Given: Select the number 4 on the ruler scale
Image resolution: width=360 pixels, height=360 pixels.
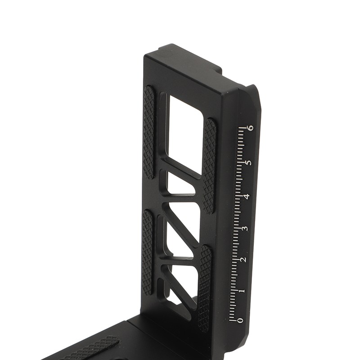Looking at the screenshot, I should (246, 196).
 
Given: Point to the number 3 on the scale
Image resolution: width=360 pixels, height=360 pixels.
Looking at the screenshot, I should (245, 228).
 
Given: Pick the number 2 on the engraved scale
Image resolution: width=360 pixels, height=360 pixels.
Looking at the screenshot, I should (243, 260).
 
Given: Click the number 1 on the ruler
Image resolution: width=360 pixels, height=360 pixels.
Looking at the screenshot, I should (242, 291).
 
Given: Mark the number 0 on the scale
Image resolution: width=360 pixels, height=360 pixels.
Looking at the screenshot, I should (240, 320).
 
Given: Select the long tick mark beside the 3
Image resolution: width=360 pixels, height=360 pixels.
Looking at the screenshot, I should (237, 228).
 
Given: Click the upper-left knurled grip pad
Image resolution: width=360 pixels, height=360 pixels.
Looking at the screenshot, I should (148, 133).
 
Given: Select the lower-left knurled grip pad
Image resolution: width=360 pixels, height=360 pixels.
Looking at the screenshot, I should (147, 252).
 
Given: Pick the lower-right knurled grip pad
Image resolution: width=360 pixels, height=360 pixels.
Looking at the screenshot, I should (205, 288).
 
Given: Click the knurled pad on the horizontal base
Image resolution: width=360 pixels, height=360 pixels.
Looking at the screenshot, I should (90, 349).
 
